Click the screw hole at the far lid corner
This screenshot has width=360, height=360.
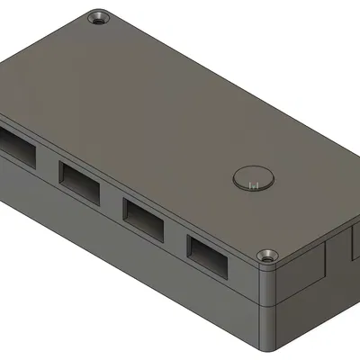(x=96, y=18)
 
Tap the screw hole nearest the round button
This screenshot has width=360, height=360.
(x=266, y=256)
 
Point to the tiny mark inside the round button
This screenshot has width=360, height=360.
(x=254, y=185)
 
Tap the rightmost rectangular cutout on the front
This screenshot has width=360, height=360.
(x=209, y=255)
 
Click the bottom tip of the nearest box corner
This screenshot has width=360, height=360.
(x=268, y=349)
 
